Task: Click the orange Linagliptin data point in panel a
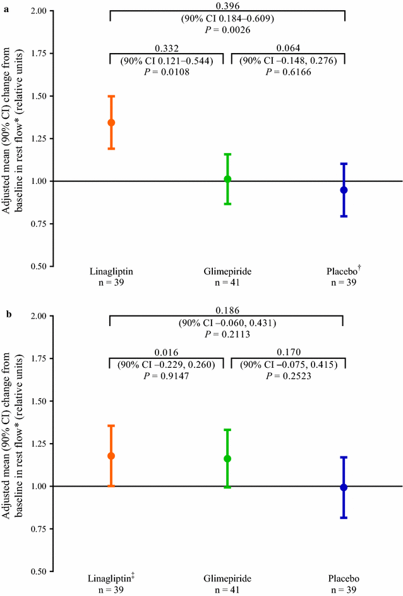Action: coord(111,123)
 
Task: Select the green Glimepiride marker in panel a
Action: coord(227,179)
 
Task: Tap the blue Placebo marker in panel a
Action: coord(344,190)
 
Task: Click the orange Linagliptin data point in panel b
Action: coord(111,456)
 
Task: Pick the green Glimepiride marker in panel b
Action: coord(227,458)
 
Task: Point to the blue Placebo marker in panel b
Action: coord(344,487)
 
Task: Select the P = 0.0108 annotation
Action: coord(167,71)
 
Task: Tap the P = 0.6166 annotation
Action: coord(288,71)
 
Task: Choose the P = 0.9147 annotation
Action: coord(167,376)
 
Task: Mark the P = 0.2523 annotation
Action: coord(288,376)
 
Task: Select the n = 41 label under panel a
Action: coord(227,283)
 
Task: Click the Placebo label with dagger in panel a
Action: coord(344,271)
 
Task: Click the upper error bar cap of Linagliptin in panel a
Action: coord(111,96)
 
